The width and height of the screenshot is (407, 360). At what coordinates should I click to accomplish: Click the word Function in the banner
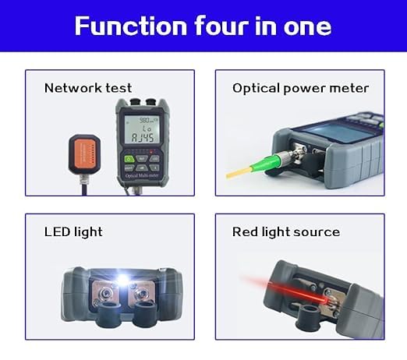[x=131, y=26]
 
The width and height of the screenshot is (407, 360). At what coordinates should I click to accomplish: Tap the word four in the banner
[x=221, y=25]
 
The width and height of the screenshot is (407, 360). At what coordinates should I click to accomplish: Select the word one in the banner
[x=307, y=26]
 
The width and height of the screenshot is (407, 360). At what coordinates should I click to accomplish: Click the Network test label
[x=88, y=88]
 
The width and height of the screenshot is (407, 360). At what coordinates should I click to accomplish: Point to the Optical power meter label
[x=300, y=89]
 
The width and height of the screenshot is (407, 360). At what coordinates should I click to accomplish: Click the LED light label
[x=73, y=232]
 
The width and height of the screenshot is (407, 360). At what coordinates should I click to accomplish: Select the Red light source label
[x=286, y=232]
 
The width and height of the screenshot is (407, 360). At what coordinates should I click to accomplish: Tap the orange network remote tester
[x=84, y=154]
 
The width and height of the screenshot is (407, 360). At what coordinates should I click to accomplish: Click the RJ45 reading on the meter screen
[x=142, y=138]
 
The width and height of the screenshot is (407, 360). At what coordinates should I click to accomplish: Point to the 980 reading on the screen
[x=144, y=120]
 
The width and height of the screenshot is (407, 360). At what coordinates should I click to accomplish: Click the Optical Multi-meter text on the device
[x=142, y=176]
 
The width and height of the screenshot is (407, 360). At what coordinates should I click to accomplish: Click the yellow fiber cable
[x=239, y=172]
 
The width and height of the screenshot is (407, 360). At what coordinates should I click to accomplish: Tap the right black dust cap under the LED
[x=146, y=314]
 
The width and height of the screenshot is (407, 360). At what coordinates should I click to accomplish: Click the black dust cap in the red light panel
[x=309, y=318]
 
